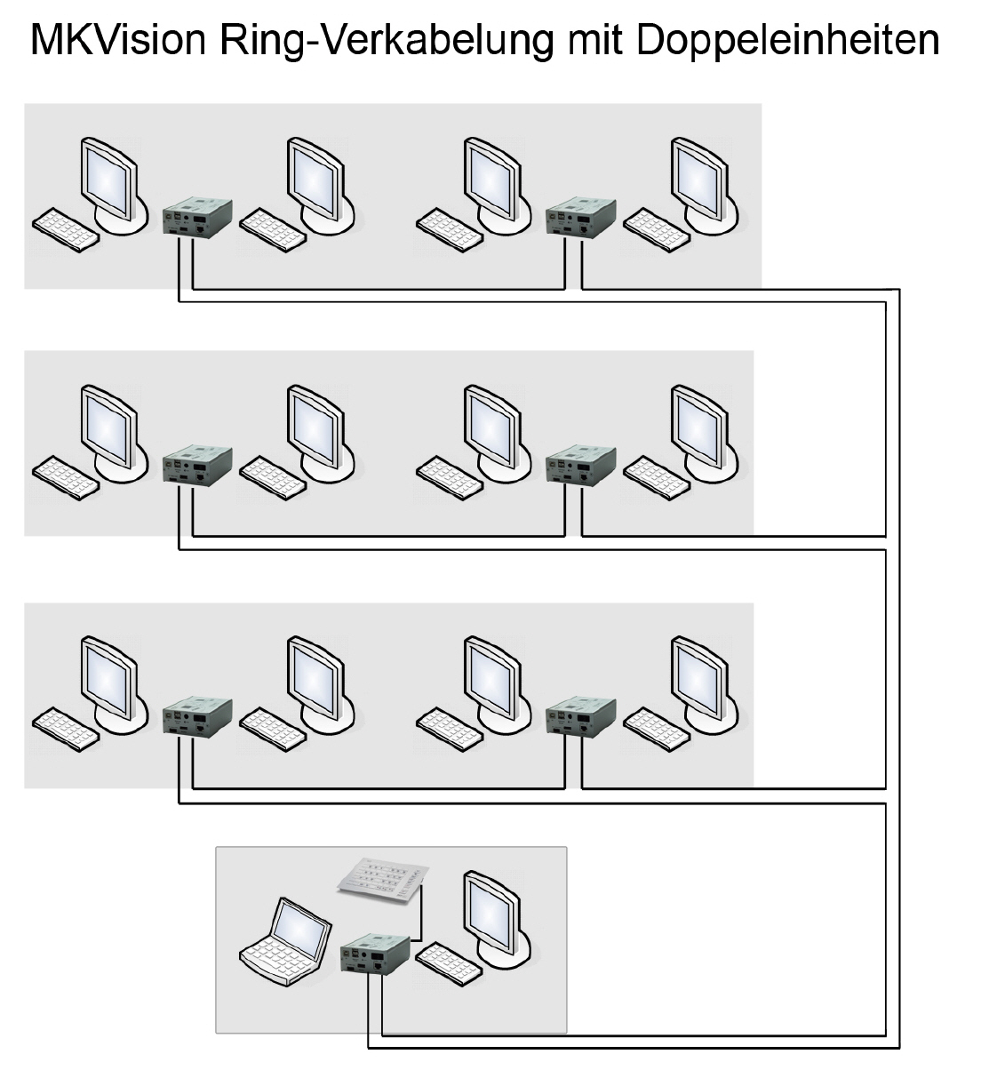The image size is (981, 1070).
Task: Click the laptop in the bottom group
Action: coord(280,946)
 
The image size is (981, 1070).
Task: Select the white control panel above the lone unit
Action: coord(381,881)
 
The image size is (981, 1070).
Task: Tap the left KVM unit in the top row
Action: coord(197,218)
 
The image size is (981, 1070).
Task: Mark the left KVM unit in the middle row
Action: coord(197,467)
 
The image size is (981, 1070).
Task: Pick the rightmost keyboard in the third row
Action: coord(656,726)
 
